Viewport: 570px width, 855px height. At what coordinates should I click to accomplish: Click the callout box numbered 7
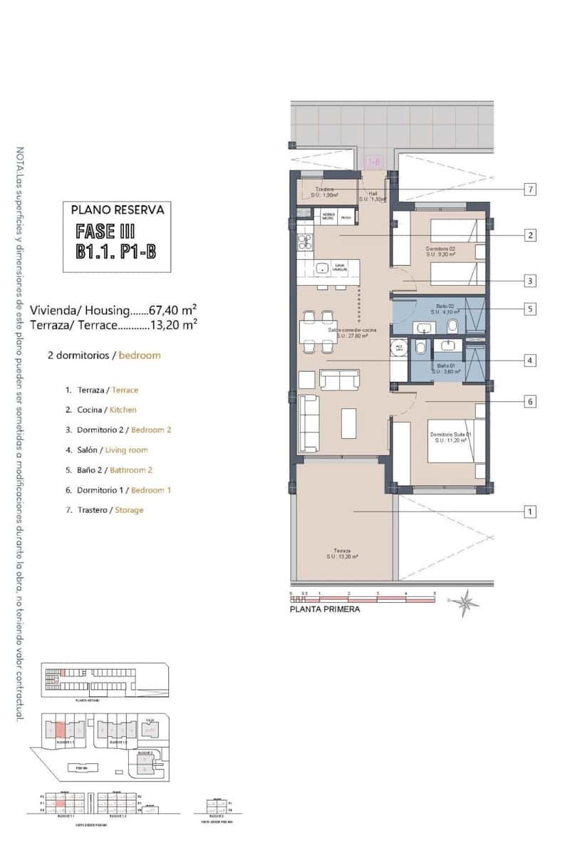pos(529,190)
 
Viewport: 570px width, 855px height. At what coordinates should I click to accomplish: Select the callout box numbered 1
pos(529,512)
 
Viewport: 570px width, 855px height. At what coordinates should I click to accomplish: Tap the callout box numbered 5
pos(529,309)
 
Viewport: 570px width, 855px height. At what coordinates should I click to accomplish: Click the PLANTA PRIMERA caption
pos(324,609)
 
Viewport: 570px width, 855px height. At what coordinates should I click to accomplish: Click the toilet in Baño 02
pos(452,325)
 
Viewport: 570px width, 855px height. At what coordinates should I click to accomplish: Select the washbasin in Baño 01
pos(448,346)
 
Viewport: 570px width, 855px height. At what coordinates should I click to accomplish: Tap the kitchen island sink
pos(323,269)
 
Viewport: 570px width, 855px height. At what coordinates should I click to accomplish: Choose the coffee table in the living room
pos(349,422)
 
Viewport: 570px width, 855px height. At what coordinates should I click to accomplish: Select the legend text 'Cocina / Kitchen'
pos(100,410)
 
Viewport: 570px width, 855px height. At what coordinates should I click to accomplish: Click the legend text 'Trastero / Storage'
pos(104,510)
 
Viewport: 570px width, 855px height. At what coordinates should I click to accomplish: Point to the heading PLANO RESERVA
pos(118,210)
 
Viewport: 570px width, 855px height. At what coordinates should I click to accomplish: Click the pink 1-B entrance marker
pos(373,162)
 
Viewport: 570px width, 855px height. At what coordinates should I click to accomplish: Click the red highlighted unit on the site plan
pos(61,729)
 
